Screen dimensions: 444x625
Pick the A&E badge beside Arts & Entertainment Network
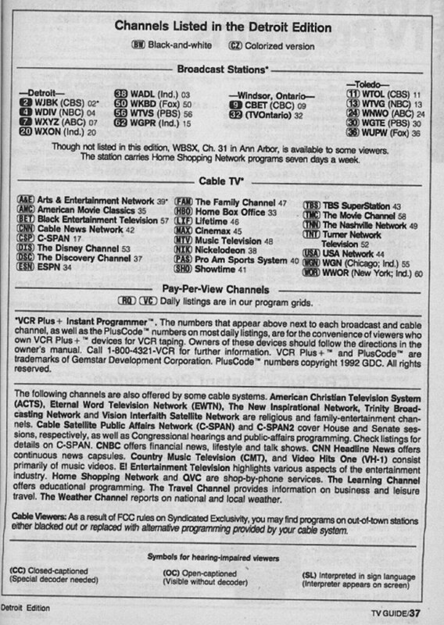pos(26,201)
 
